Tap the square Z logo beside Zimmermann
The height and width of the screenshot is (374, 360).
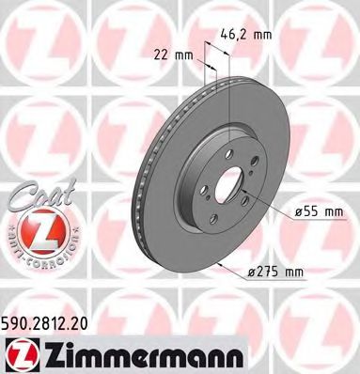(21, 351)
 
